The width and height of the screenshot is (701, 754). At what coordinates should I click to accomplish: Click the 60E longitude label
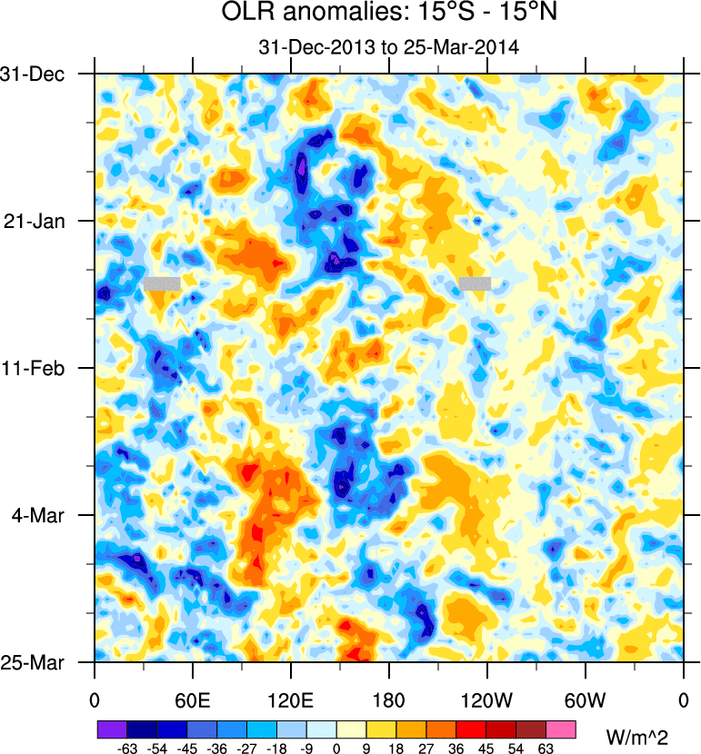click(193, 699)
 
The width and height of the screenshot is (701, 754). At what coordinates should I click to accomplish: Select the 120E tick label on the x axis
click(291, 699)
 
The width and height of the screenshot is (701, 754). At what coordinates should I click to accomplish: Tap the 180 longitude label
click(389, 699)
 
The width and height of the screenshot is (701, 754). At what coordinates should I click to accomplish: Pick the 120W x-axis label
click(487, 699)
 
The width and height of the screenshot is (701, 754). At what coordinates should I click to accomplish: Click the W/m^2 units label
click(636, 733)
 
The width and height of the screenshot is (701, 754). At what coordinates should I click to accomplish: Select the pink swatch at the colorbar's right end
click(561, 729)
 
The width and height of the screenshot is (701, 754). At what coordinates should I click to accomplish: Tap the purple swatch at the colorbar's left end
click(112, 729)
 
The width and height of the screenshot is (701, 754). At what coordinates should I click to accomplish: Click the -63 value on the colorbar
click(126, 747)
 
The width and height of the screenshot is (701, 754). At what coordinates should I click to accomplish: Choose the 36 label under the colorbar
click(456, 747)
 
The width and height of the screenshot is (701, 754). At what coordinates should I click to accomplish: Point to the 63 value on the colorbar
click(546, 747)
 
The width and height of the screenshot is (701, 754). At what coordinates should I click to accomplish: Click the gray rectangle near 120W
click(475, 283)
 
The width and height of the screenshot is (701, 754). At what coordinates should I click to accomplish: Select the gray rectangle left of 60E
click(162, 283)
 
